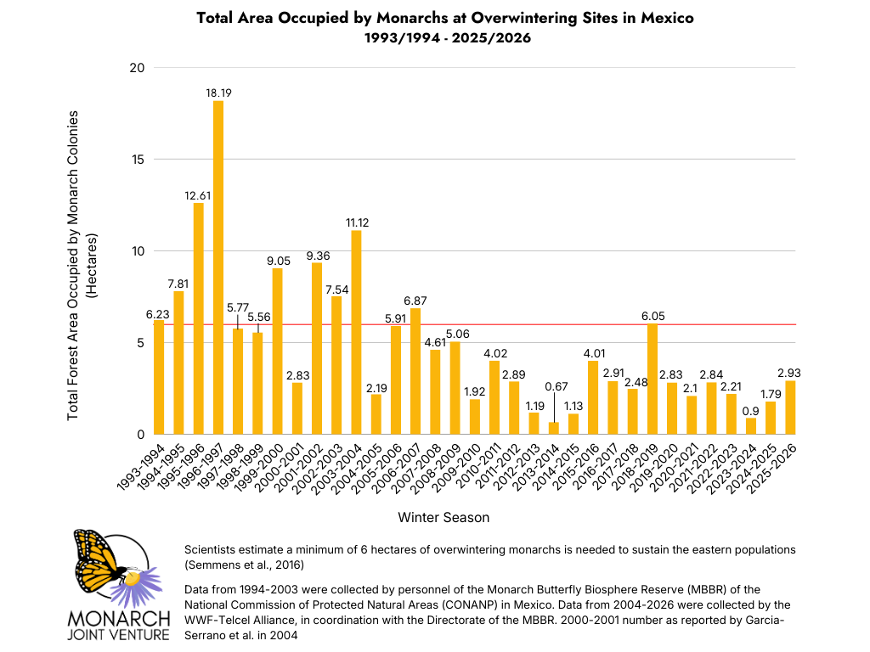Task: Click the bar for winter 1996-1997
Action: coord(218,267)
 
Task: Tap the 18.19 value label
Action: coord(218,92)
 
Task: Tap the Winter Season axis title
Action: coord(443,516)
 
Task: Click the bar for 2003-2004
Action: coord(356,333)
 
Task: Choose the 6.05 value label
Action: coord(652,315)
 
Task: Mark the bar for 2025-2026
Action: coord(790,407)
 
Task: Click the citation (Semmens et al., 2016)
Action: coord(244,565)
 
